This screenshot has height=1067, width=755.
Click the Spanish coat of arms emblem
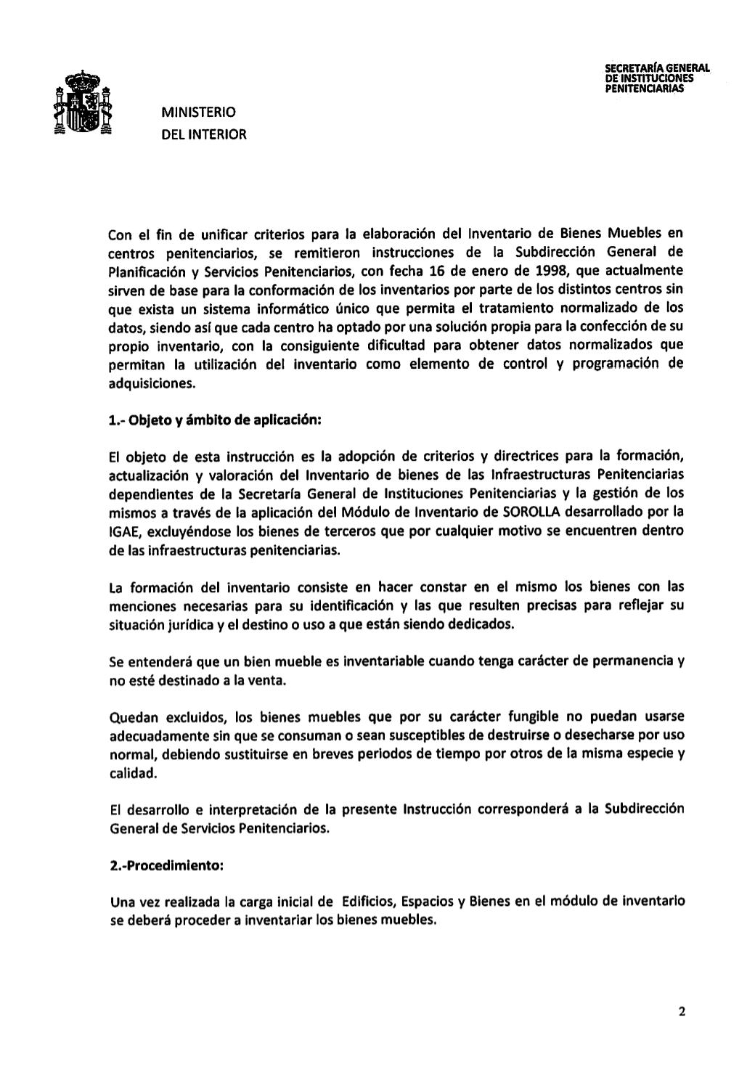(84, 104)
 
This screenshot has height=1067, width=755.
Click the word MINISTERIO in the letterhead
(198, 113)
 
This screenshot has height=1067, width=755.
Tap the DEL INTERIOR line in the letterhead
(204, 134)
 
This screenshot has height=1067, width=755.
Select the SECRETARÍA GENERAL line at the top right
(657, 69)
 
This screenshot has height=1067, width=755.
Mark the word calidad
(128, 774)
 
